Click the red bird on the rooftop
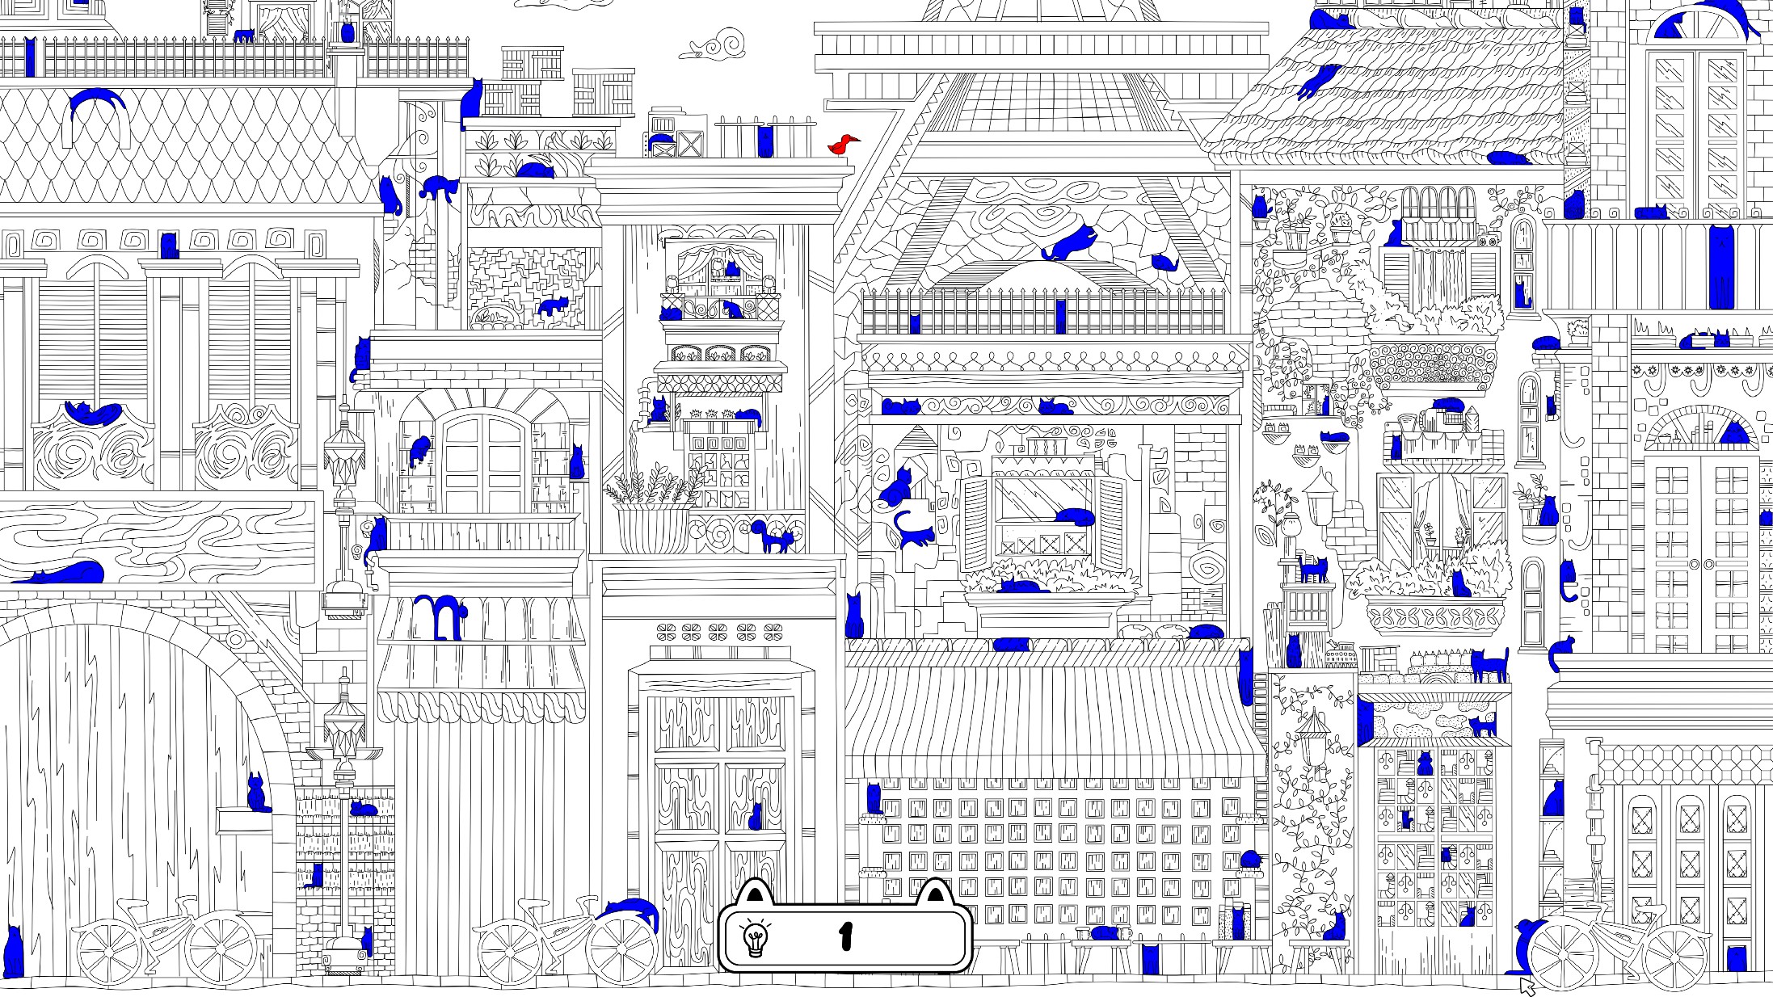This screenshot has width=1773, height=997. click(x=842, y=145)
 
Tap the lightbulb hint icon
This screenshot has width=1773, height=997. click(x=756, y=939)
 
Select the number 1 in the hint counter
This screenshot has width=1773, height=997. click(x=846, y=937)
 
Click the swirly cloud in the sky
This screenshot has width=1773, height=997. click(x=714, y=45)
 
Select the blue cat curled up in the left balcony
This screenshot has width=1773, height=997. click(x=92, y=413)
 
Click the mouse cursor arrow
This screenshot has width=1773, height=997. click(x=1527, y=986)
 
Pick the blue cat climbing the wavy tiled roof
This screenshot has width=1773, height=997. click(x=1317, y=81)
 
